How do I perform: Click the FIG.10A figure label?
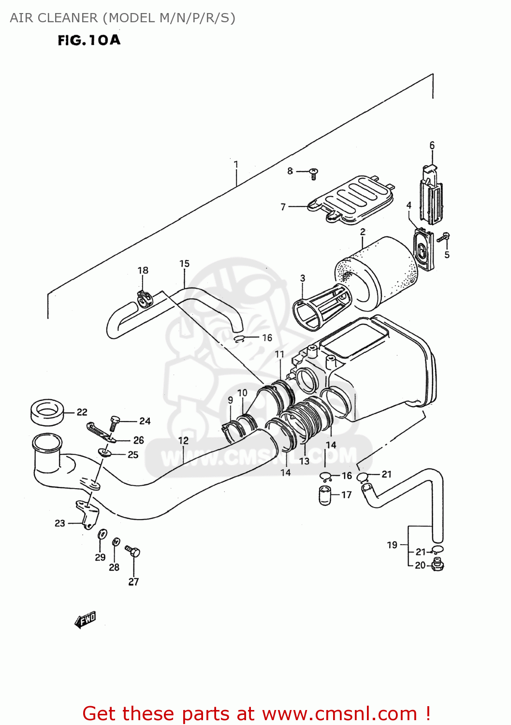point(89,40)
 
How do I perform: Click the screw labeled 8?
point(313,174)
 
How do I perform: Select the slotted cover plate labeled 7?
point(351,199)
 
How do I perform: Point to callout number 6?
point(432,145)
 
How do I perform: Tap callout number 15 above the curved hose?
point(184,264)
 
